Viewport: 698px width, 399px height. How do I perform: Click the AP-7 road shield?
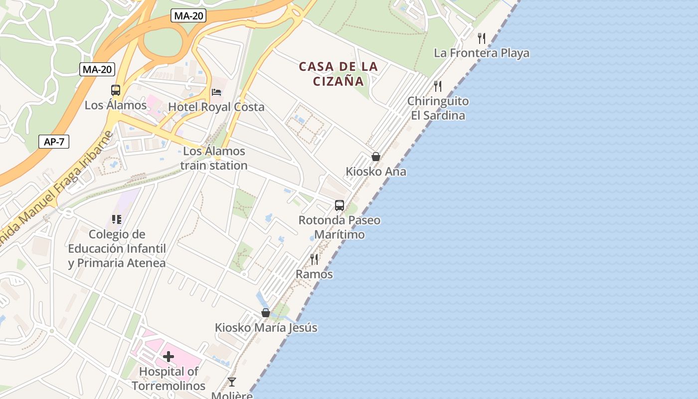54,142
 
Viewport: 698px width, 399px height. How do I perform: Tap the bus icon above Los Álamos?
116,90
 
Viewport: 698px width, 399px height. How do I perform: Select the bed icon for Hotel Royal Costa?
216,92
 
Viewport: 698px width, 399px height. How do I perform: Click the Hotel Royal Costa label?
216,107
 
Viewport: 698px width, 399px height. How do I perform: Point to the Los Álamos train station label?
214,158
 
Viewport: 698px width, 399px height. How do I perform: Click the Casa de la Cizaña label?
339,74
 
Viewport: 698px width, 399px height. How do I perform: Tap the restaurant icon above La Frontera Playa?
482,38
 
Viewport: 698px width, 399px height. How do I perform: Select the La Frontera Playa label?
481,53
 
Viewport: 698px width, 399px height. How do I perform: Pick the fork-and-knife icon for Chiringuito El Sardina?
438,86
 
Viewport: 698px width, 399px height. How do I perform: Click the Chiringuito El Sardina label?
438,108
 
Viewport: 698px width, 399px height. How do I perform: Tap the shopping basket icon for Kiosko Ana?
376,157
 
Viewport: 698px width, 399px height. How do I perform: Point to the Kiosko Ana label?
376,172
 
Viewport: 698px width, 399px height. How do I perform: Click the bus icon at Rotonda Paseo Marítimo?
340,205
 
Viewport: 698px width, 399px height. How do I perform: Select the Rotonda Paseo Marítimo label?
339,227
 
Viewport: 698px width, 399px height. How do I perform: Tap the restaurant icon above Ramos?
314,259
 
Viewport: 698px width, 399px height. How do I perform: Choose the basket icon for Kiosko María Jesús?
266,313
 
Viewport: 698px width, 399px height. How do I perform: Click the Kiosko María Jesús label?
266,328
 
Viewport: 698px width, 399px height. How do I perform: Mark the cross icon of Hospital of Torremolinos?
169,356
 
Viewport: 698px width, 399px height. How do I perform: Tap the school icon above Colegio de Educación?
117,219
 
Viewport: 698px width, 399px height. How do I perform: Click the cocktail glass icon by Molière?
232,382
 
